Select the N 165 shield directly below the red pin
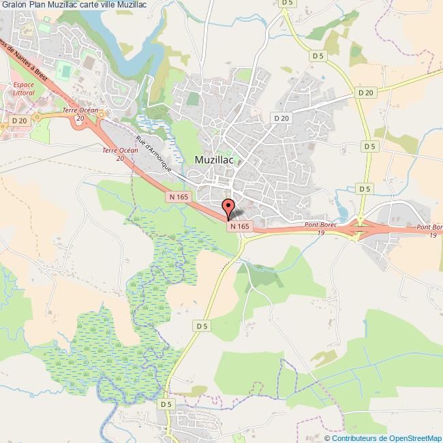[240, 226]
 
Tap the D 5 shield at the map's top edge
[288, 3]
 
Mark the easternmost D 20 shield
[365, 93]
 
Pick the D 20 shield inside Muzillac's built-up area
[281, 118]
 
